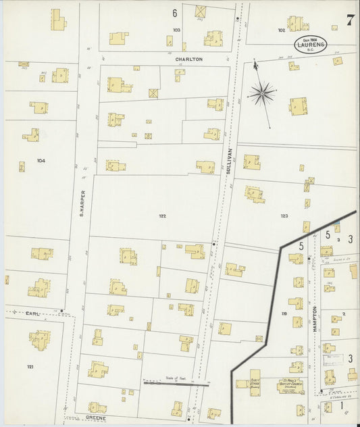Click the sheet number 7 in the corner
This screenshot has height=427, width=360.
click(x=350, y=19)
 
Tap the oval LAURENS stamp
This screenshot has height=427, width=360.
click(x=312, y=45)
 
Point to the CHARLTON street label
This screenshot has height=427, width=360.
click(x=188, y=59)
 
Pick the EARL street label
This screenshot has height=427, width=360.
click(x=33, y=313)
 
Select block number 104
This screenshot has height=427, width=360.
click(x=41, y=161)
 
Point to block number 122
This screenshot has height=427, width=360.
click(x=162, y=216)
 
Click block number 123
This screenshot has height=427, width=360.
click(x=284, y=216)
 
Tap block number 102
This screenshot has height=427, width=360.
click(x=281, y=30)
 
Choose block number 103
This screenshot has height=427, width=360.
click(x=177, y=30)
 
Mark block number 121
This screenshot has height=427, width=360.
click(x=30, y=366)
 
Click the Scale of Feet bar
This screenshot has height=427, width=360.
click(x=176, y=383)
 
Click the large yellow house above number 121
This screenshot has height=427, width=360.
click(x=40, y=339)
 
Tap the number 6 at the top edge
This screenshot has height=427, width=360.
click(x=174, y=13)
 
